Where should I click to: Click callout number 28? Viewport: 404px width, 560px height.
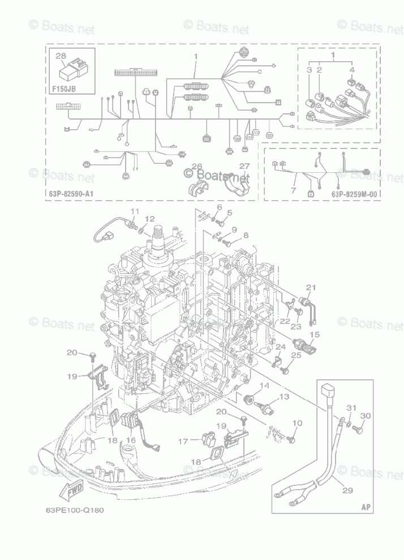(x=61, y=56)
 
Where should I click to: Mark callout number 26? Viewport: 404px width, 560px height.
(x=196, y=167)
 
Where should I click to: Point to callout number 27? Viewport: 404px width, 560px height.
(x=244, y=167)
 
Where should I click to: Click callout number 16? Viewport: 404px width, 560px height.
(x=131, y=439)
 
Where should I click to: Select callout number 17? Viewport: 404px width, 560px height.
(x=183, y=441)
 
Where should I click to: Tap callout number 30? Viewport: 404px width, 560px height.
(x=365, y=415)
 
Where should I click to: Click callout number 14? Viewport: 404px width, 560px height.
(x=264, y=386)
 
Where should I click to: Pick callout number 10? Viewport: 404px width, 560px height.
(x=298, y=423)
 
